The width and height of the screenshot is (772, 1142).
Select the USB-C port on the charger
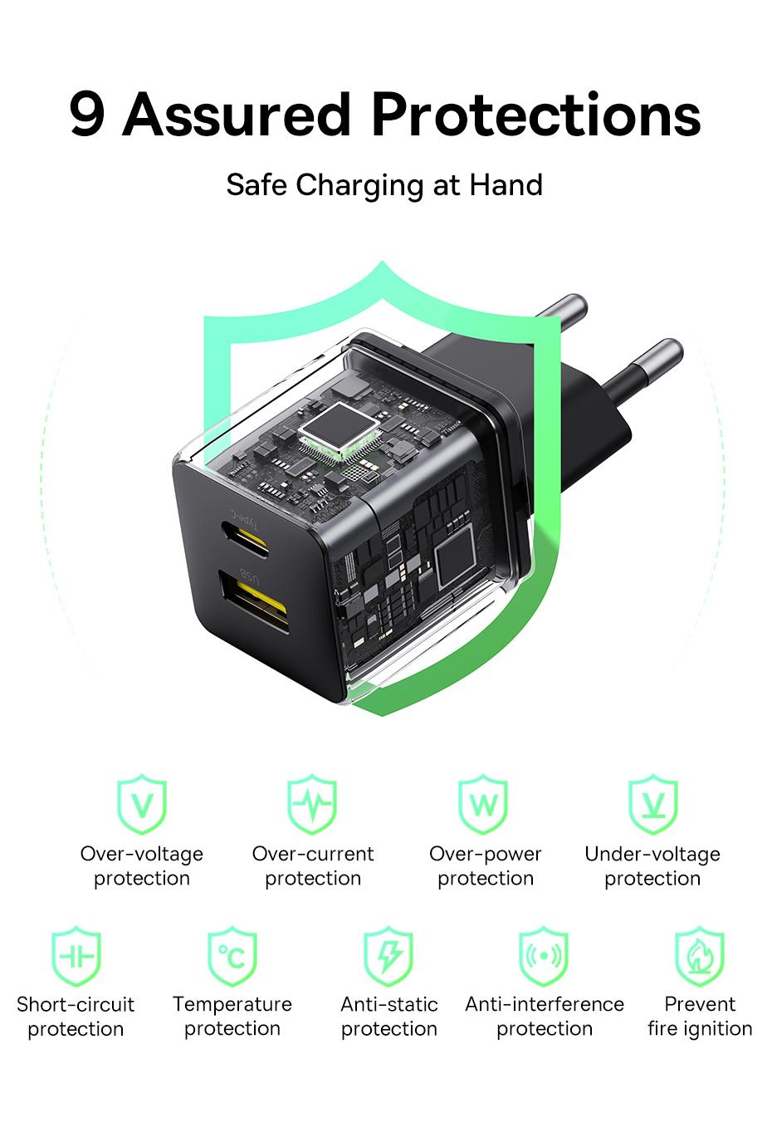tap(245, 539)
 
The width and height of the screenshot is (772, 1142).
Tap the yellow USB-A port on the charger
tap(254, 601)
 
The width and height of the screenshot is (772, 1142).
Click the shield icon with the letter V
tap(142, 804)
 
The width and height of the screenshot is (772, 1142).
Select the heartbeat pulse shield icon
tap(312, 804)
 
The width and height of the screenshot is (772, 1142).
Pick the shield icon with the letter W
tap(483, 804)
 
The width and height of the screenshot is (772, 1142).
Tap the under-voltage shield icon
tap(652, 804)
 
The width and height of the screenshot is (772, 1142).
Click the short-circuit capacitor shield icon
tap(76, 956)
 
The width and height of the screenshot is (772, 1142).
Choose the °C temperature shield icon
tap(232, 956)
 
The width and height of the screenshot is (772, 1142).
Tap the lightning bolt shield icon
tap(388, 956)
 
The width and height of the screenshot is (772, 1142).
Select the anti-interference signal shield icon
tap(544, 956)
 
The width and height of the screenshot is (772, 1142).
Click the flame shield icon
tap(700, 956)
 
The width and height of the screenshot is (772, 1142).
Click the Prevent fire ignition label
tap(700, 1017)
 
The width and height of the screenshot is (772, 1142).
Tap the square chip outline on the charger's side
tap(455, 558)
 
